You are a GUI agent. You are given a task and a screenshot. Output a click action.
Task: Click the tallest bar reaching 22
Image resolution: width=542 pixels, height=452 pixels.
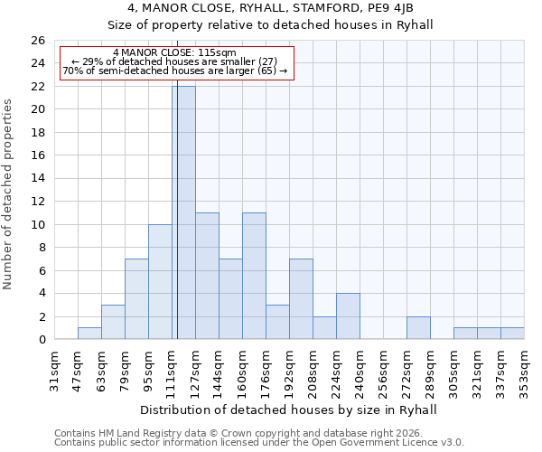(x=183, y=212)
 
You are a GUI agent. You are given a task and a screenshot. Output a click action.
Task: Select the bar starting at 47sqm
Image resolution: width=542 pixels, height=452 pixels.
(x=89, y=334)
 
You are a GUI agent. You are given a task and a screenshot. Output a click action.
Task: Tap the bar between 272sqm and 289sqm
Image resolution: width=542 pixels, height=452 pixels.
(x=418, y=328)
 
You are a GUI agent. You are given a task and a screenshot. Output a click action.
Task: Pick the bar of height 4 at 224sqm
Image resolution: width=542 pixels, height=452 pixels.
(x=348, y=316)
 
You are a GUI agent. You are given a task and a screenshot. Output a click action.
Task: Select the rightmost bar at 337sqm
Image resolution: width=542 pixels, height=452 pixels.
(x=512, y=334)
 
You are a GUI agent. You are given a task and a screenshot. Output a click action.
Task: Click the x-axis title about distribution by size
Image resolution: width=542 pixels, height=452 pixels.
(x=288, y=410)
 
